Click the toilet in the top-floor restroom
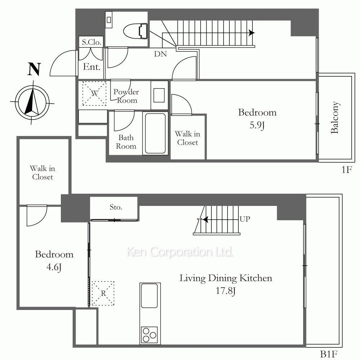(135, 31)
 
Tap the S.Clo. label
(91, 42)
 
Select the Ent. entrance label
(91, 67)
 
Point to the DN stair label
(160, 54)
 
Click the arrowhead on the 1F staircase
(252, 33)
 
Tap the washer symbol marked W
(94, 94)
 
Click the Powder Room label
(126, 96)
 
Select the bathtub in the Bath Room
(156, 134)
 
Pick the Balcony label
(335, 117)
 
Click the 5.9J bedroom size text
(257, 125)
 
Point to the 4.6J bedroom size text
(54, 267)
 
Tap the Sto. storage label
(116, 207)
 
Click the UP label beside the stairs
(245, 219)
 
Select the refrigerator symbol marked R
(103, 293)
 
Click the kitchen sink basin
(149, 296)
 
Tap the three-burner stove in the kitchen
(149, 335)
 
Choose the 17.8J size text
(226, 291)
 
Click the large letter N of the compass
(34, 69)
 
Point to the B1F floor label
(329, 354)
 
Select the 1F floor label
(347, 170)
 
